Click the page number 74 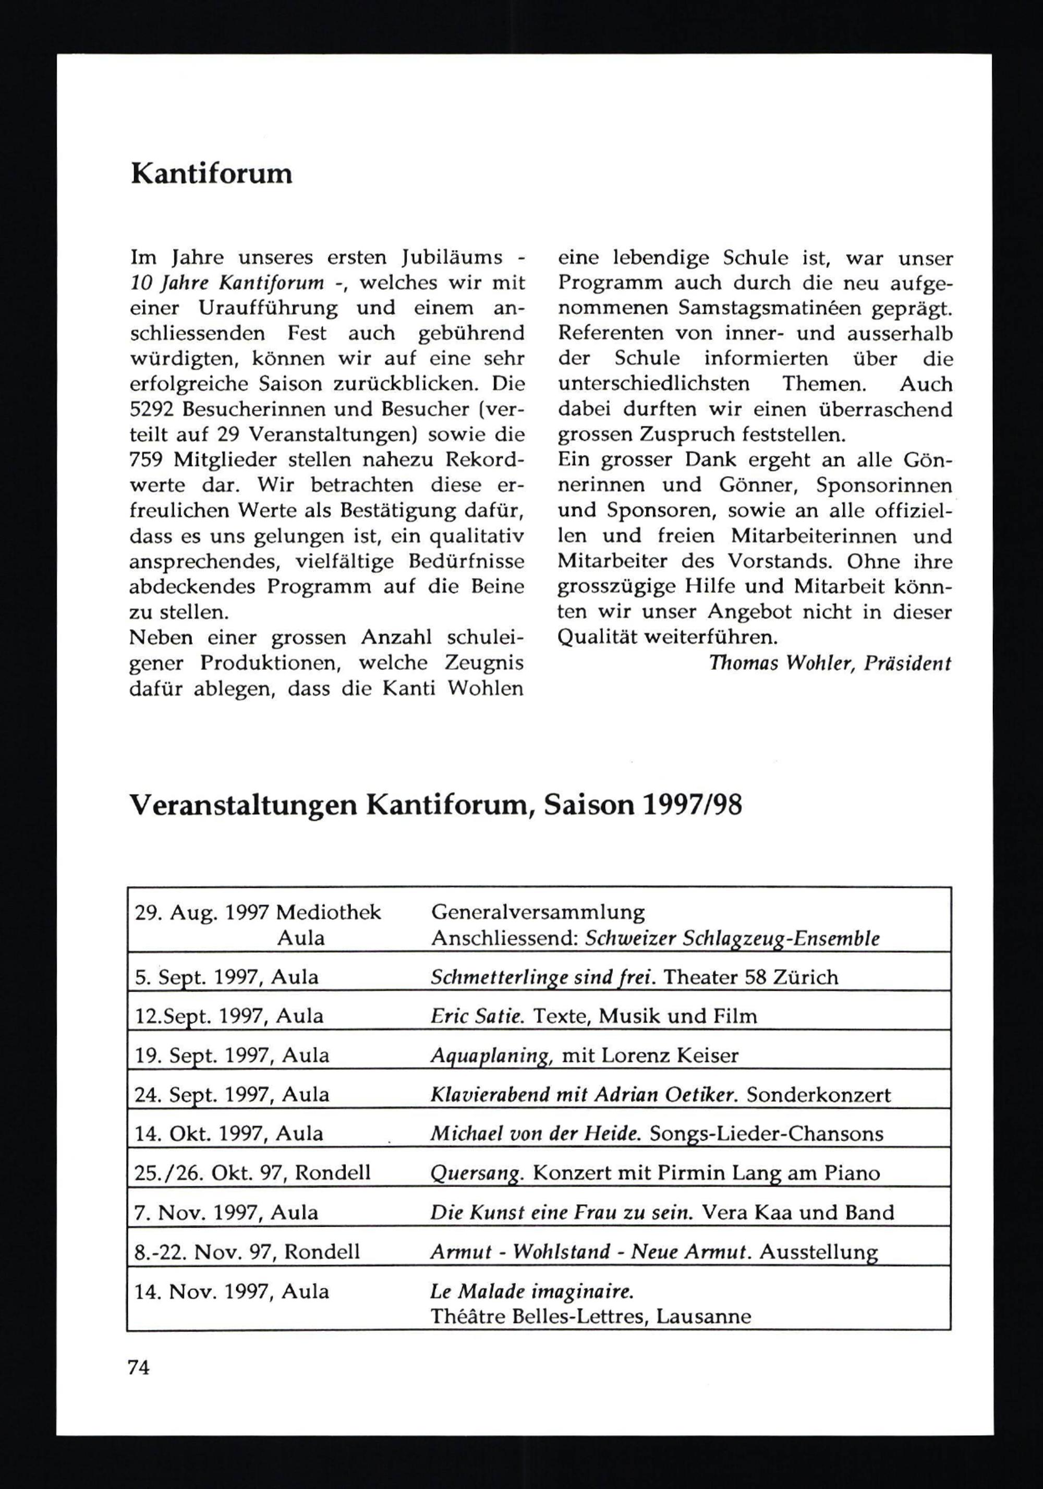(139, 1367)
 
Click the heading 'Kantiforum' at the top (211, 174)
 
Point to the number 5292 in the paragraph (149, 410)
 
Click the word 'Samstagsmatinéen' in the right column (767, 309)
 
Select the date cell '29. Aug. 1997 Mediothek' (258, 913)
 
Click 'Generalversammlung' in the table (538, 913)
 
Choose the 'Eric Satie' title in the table (477, 1016)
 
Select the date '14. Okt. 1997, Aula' (228, 1134)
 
